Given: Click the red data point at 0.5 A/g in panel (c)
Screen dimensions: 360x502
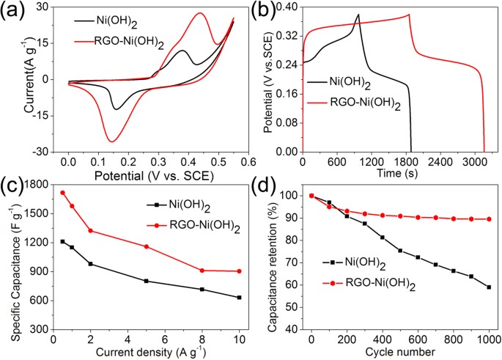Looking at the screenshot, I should click(x=62, y=193).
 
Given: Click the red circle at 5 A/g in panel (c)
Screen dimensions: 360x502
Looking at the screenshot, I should click(x=147, y=246).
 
